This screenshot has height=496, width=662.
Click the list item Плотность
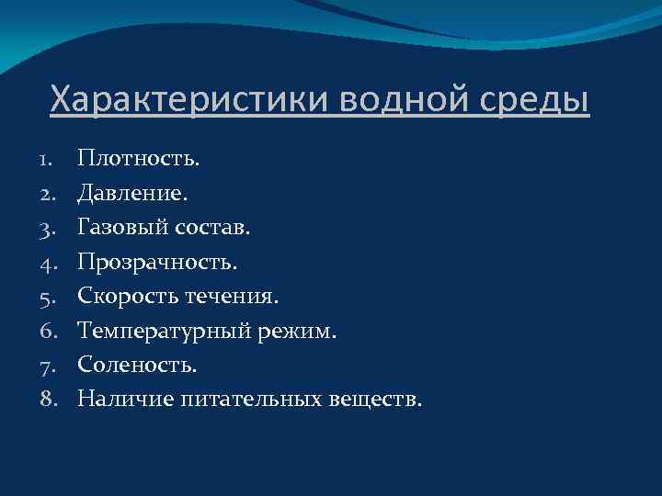139,160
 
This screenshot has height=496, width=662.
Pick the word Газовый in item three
115,228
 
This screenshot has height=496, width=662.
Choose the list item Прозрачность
157,263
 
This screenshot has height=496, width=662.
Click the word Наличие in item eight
113,399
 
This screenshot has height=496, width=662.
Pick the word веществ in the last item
374,399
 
